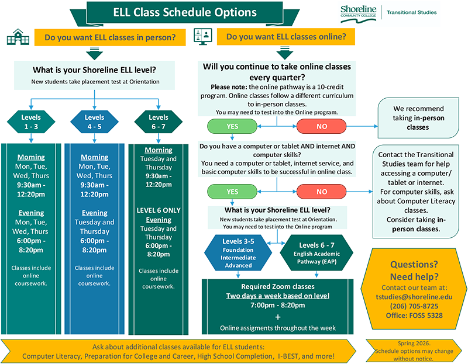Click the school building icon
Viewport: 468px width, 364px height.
[18, 37]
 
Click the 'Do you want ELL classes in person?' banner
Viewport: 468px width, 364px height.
[110, 38]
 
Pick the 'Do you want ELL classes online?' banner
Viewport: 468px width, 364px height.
[286, 37]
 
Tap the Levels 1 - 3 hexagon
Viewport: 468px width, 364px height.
[30, 122]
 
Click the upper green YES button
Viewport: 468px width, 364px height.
[232, 126]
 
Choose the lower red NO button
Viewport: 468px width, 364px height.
[322, 192]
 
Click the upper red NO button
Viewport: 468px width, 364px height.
[322, 126]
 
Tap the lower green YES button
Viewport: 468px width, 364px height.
[232, 192]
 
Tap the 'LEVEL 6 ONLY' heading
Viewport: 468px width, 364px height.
[159, 210]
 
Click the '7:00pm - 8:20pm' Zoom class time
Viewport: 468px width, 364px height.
[278, 306]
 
